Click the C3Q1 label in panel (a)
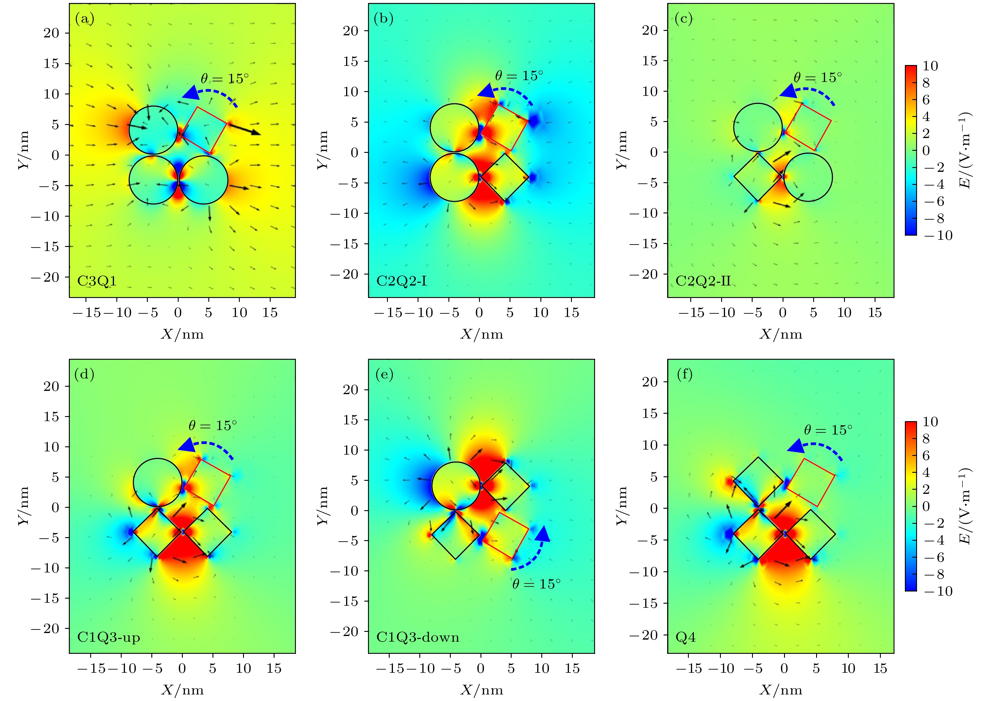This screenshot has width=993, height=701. coord(97,281)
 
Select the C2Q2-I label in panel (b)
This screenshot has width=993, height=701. coord(401,281)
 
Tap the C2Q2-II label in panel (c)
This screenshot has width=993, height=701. coord(703,281)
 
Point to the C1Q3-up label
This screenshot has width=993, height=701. coord(109,637)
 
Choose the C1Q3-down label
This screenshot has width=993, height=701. coord(418,637)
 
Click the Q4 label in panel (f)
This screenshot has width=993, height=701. coord(686,637)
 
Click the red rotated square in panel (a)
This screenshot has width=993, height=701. coord(204,130)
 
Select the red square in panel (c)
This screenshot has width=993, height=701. coord(808,127)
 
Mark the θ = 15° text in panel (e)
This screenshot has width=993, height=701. coord(536,584)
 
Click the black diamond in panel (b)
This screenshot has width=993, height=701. coord(505,177)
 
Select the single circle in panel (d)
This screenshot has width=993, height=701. coord(157,482)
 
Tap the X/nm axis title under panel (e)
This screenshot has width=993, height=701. coord(481,690)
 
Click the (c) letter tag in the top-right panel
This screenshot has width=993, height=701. coord(683,19)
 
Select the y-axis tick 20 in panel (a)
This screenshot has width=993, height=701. coord(51,33)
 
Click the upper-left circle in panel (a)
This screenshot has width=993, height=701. coord(153,130)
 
